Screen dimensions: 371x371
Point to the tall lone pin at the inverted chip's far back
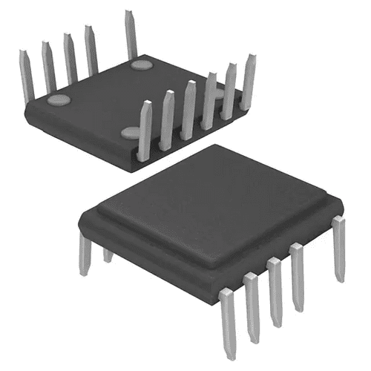[131, 33]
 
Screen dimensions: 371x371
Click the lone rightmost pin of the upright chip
[339, 249]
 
